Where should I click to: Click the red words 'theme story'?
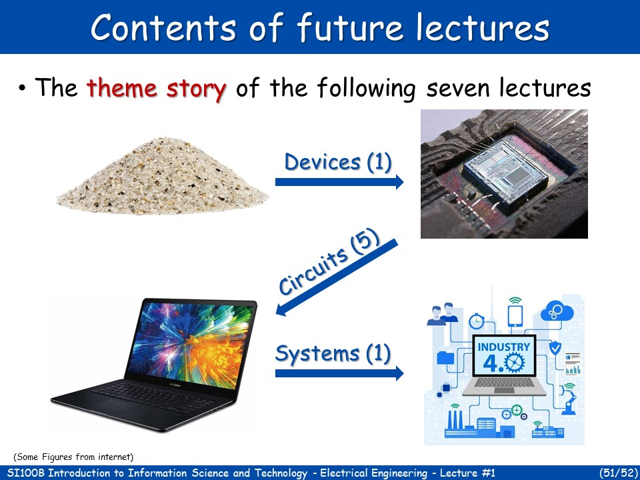point(157,88)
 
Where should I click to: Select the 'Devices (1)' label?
point(338,162)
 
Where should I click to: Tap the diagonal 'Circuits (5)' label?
point(328,262)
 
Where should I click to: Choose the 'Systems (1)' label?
point(333,353)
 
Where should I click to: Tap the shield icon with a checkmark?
point(555,347)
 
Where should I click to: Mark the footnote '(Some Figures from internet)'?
point(73,457)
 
